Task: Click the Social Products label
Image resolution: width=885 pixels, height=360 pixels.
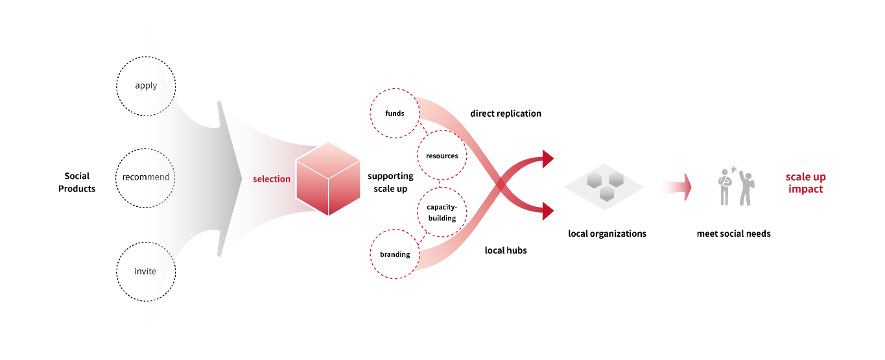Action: pos(77,182)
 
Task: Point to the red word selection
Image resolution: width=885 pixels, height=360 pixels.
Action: pos(272,179)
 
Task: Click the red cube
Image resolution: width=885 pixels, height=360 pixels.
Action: pos(328,178)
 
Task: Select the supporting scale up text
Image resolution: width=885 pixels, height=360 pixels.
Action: pos(390,182)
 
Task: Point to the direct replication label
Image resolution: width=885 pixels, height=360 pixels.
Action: pos(506,114)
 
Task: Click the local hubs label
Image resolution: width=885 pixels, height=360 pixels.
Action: pos(506,250)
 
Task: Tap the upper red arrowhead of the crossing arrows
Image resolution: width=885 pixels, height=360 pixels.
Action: pos(548,159)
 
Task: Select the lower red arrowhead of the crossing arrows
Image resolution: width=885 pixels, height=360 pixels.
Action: pos(548,211)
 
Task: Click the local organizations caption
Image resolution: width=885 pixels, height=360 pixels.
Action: pos(607,234)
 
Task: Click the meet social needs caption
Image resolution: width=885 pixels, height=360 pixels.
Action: pos(734,234)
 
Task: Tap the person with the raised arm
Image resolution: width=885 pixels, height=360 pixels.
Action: pos(746,188)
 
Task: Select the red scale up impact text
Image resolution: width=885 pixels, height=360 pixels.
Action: pos(806,182)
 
